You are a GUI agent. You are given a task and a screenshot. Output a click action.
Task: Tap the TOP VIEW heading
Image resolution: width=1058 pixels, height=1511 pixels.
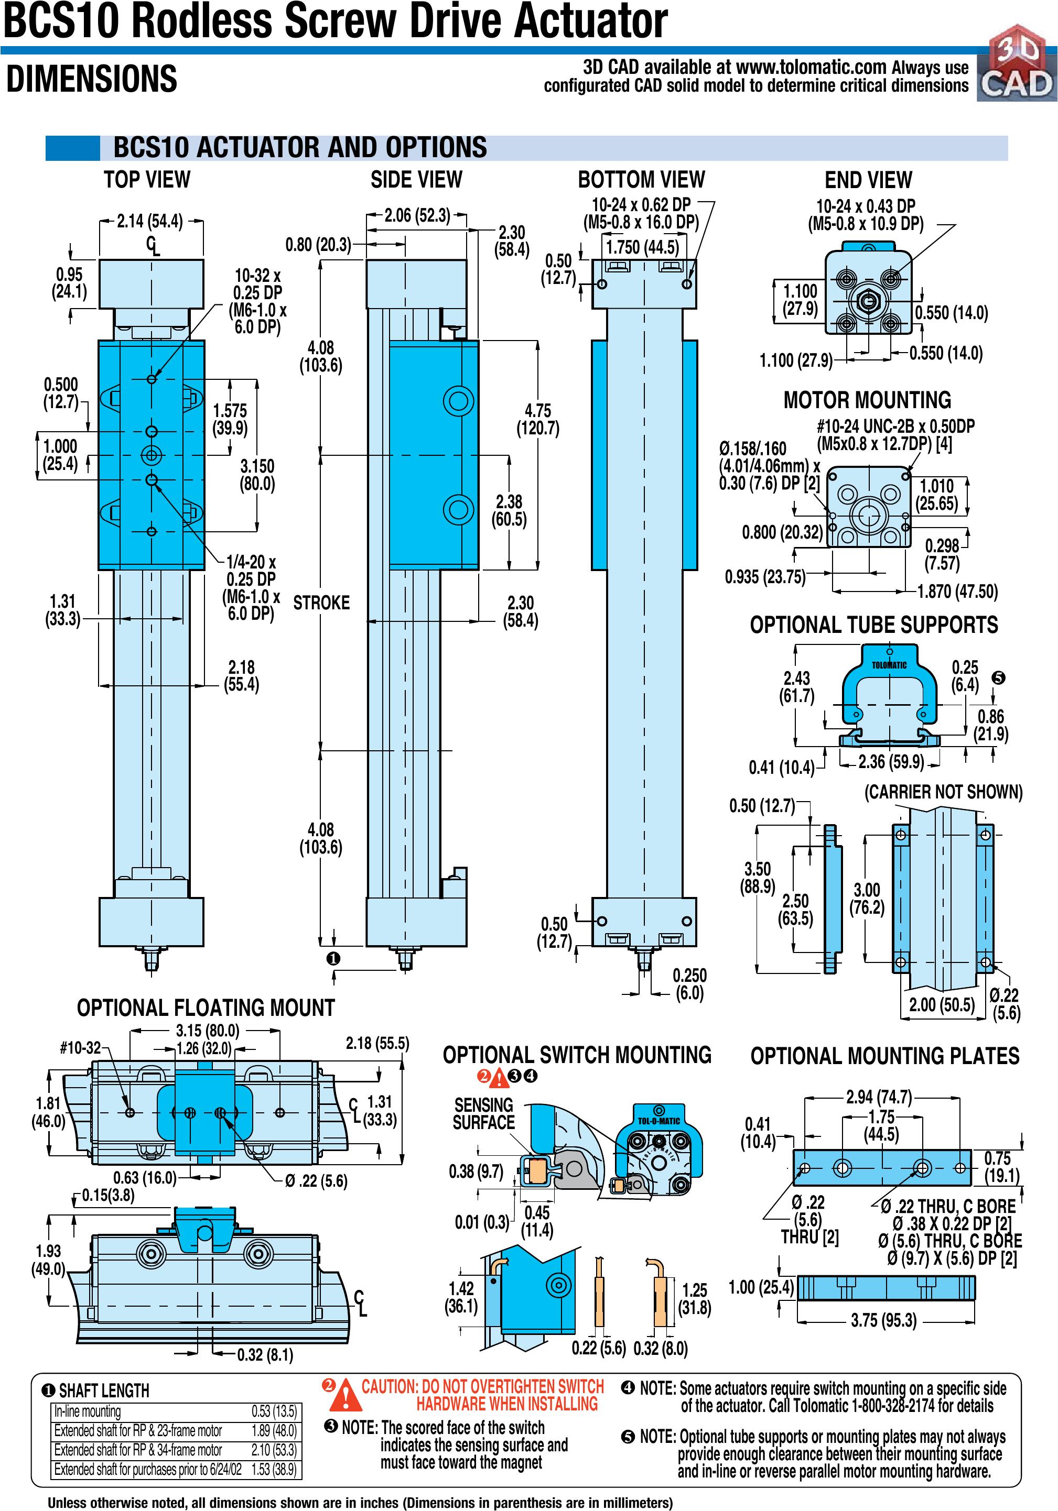pos(147,179)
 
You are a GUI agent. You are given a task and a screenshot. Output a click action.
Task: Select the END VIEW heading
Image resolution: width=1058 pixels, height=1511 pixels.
pos(868,180)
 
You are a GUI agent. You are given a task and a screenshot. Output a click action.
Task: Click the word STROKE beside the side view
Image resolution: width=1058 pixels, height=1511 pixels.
pos(321,603)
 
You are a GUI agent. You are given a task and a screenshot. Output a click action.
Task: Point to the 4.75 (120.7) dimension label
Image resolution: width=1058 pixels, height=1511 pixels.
pos(538,420)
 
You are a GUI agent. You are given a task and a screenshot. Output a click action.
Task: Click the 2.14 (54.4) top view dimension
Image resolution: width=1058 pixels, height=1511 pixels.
pos(150,221)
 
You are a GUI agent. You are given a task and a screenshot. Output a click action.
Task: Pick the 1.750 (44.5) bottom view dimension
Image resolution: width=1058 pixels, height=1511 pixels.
pos(642,247)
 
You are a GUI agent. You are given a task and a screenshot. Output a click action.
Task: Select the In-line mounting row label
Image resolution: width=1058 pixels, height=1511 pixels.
pos(88,1411)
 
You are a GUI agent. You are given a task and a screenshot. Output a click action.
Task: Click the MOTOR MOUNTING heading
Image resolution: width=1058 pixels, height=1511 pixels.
pos(867,400)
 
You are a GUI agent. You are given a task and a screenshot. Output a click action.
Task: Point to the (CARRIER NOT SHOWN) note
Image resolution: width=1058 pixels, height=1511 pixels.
pos(943,792)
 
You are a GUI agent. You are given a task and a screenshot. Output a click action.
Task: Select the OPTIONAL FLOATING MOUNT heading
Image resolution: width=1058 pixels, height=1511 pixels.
pos(206,1008)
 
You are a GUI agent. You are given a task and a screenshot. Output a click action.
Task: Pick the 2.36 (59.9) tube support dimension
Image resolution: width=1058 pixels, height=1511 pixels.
pos(891,762)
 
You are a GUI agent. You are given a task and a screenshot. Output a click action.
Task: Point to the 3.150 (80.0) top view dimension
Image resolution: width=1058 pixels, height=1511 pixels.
pos(257,475)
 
